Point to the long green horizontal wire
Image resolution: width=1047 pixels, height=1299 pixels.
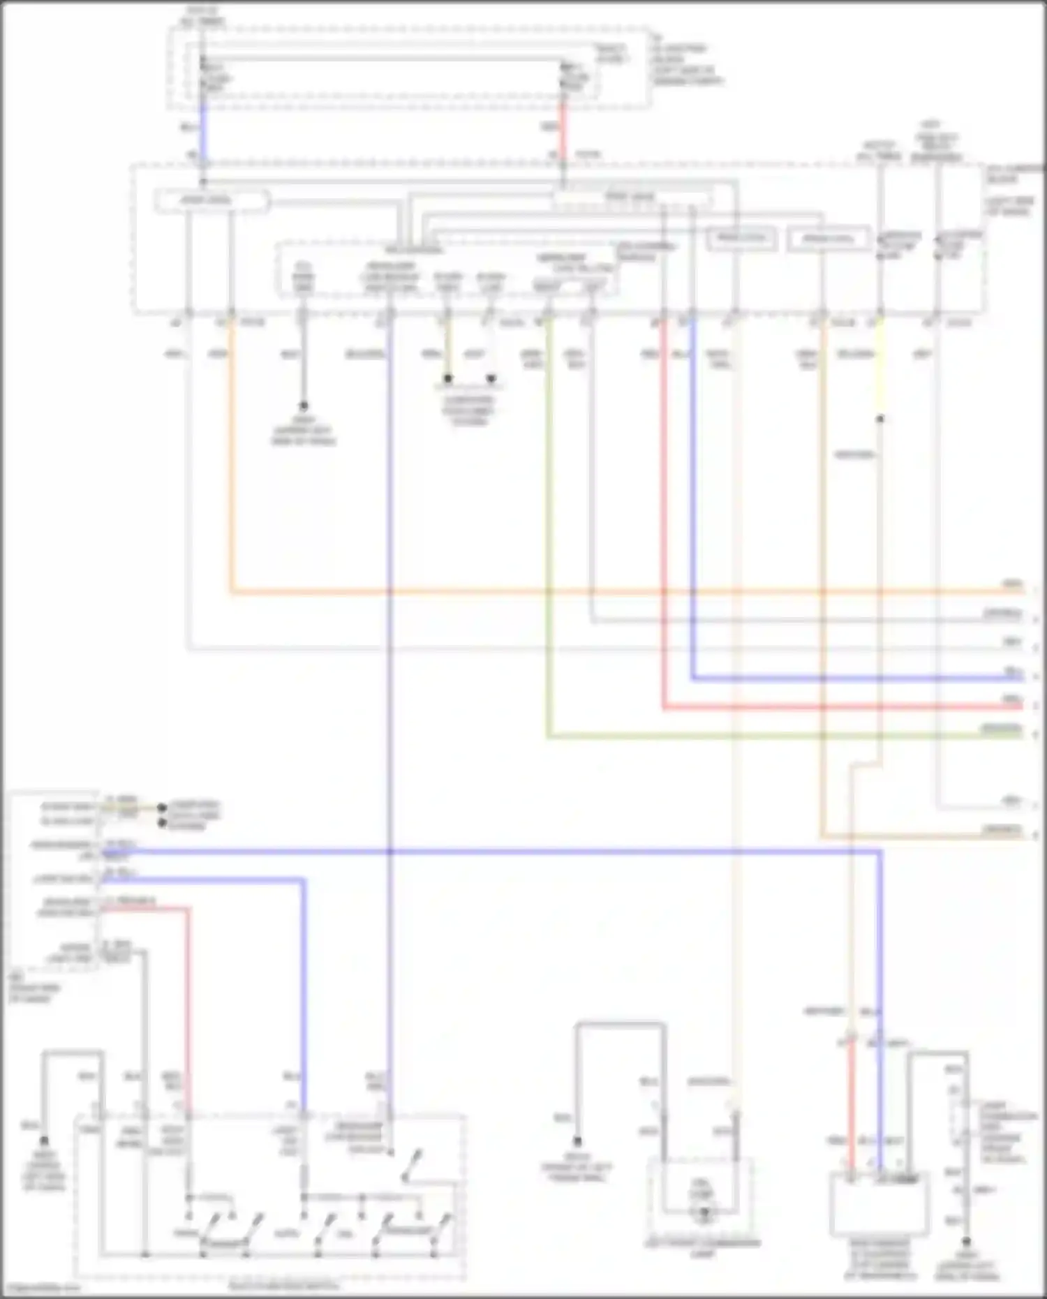pyautogui.click(x=768, y=736)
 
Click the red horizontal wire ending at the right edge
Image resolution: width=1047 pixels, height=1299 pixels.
pyautogui.click(x=838, y=707)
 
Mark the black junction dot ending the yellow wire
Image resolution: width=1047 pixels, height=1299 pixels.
pyautogui.click(x=880, y=419)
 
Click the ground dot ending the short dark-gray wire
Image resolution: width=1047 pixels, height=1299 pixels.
pyautogui.click(x=303, y=406)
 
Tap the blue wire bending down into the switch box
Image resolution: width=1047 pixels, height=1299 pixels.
pyautogui.click(x=304, y=977)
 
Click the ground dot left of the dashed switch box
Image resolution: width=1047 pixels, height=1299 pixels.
pyautogui.click(x=44, y=1140)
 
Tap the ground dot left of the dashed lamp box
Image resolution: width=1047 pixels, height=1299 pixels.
pyautogui.click(x=577, y=1141)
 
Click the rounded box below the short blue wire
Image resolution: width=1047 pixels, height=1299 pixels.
pyautogui.click(x=211, y=201)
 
